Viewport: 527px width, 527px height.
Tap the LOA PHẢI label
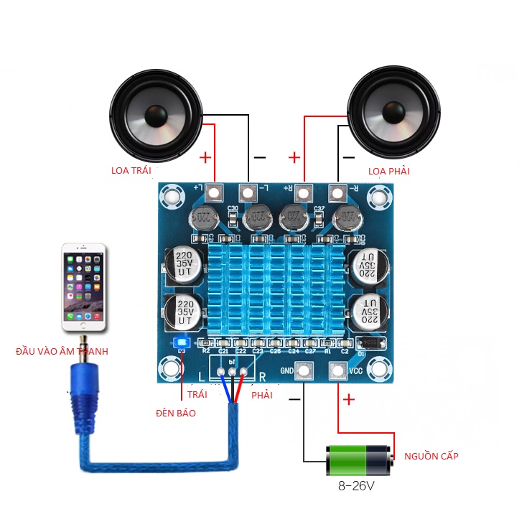pos(389,171)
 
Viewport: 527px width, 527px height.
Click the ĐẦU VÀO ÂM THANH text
pos(62,351)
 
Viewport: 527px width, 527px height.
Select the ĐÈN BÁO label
pos(176,413)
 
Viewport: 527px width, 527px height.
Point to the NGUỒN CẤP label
pos(431,456)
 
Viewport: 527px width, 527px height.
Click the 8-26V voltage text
pos(358,486)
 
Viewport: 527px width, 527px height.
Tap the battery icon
pos(359,460)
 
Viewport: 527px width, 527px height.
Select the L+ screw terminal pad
pos(214,192)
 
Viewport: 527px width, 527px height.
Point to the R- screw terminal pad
pos(337,192)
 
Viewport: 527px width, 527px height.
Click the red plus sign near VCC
pos(350,400)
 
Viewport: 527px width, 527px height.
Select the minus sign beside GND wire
pos(294,400)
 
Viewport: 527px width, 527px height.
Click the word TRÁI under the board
pos(197,395)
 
